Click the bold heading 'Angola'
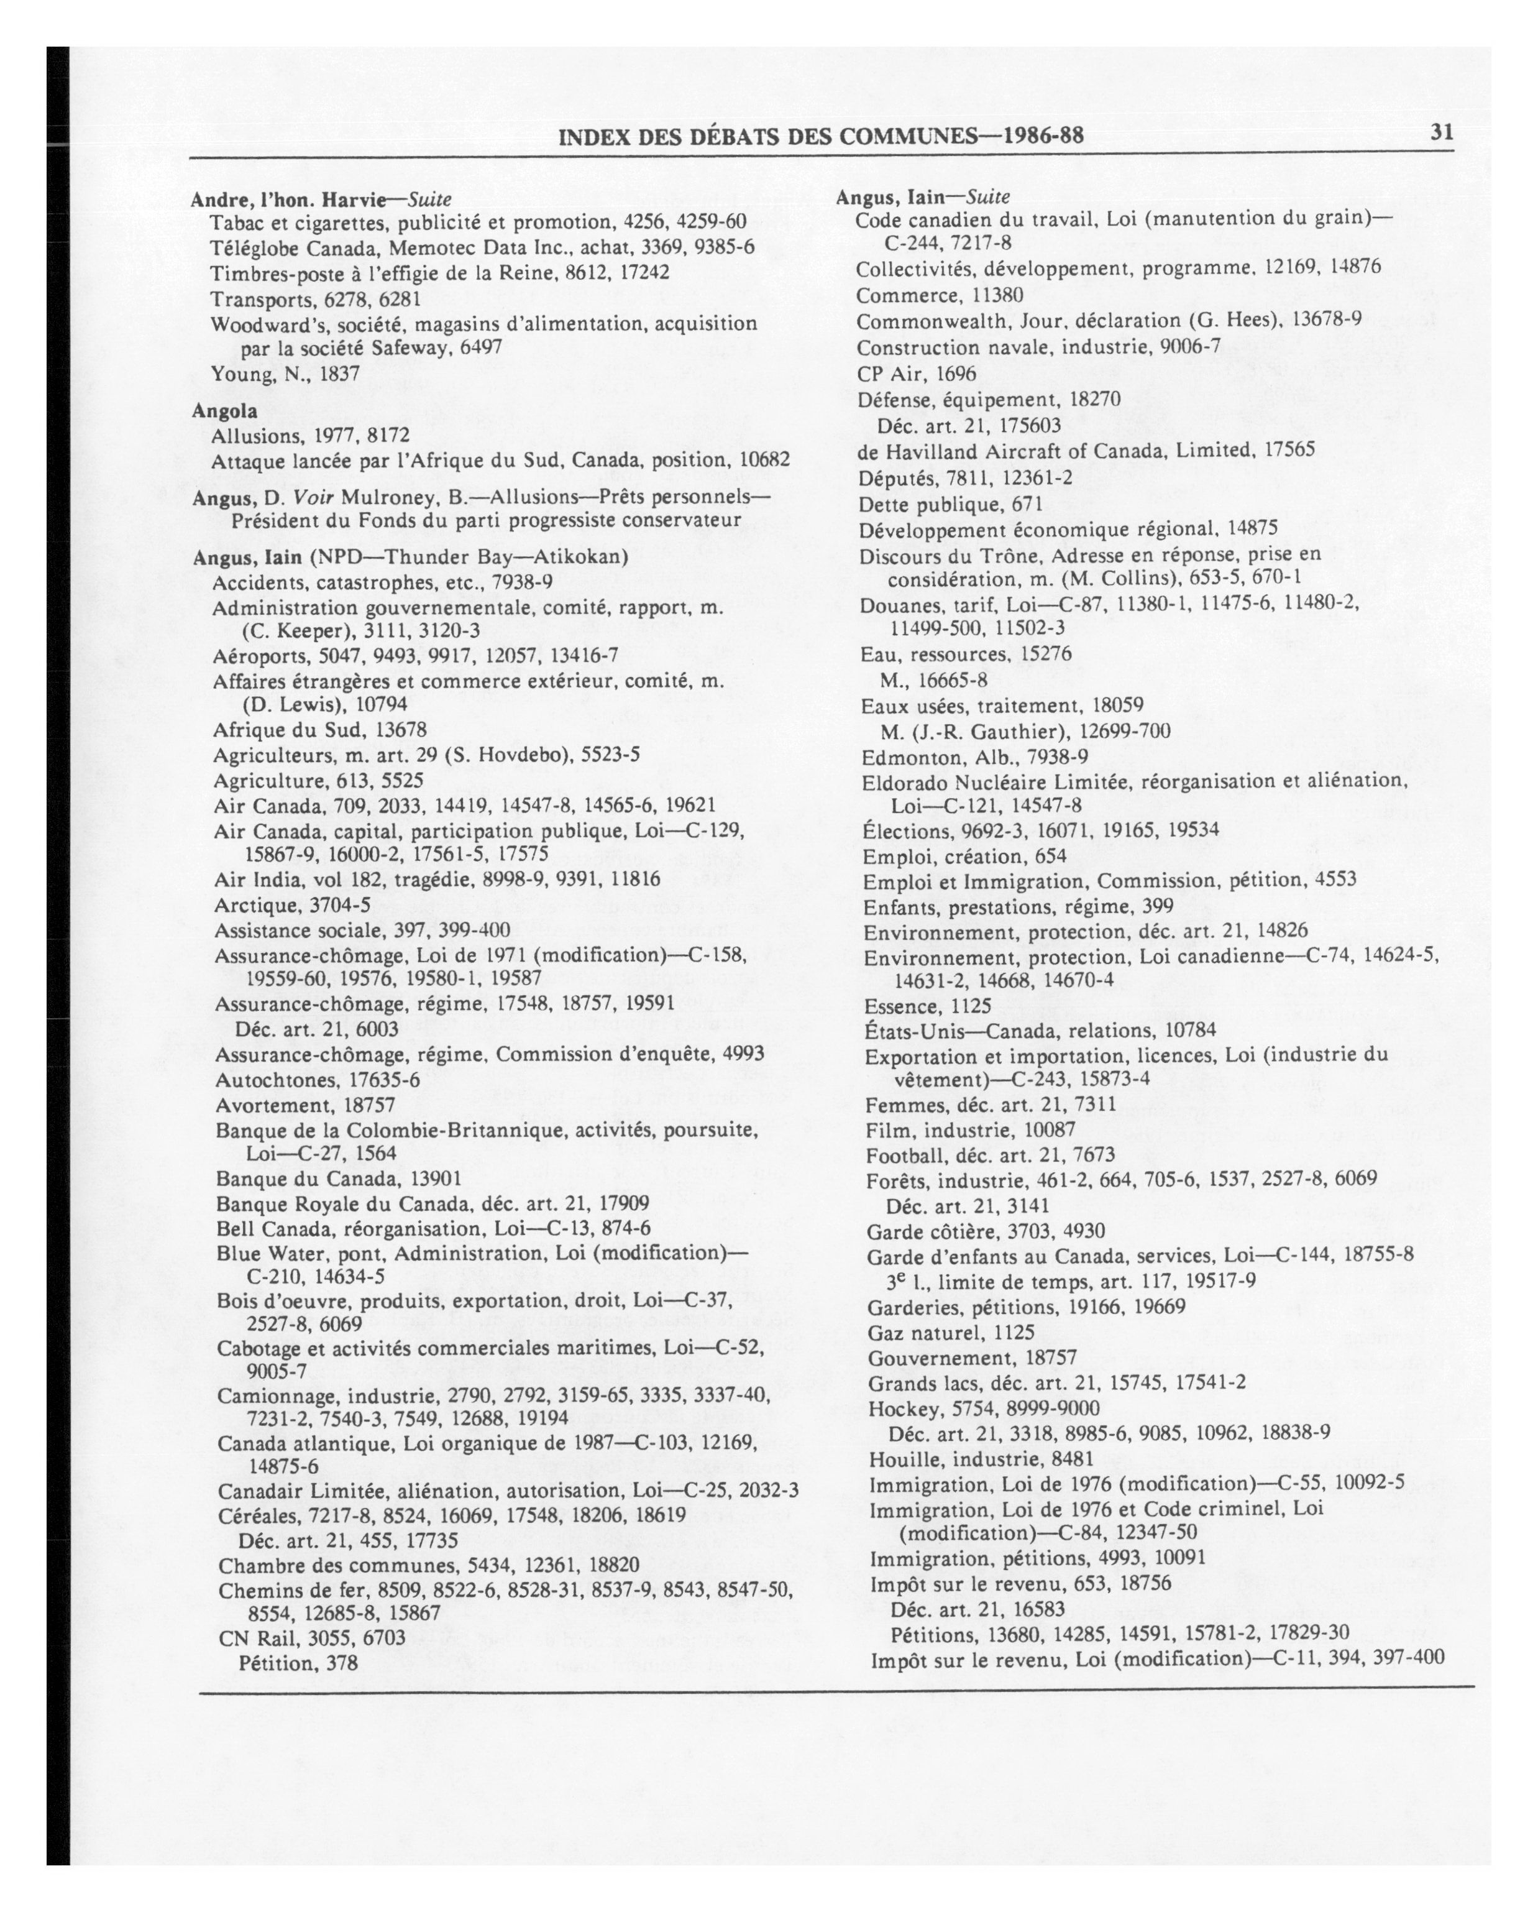pos(225,411)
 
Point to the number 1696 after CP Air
pos(956,374)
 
